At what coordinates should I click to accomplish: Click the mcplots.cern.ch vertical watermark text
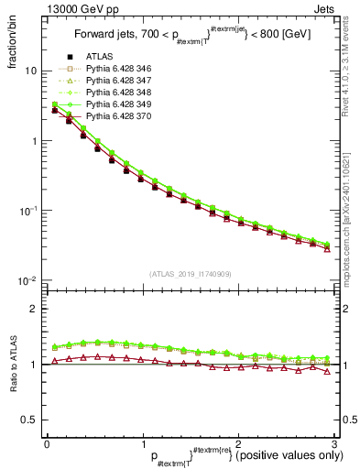click(x=352, y=220)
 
